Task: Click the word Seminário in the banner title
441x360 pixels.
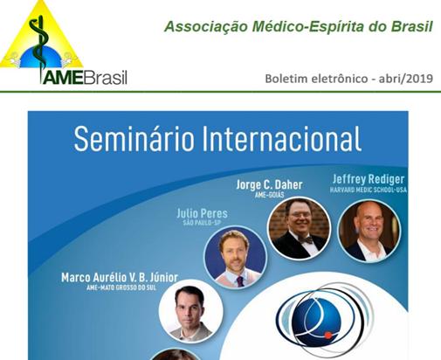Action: (x=134, y=139)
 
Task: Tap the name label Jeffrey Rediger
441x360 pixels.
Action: (x=369, y=179)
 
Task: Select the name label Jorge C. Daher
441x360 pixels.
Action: (x=269, y=184)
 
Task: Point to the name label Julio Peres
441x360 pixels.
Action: (x=202, y=213)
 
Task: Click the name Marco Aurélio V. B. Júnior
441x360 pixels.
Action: (x=120, y=278)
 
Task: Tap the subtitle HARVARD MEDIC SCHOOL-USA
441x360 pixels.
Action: (x=369, y=190)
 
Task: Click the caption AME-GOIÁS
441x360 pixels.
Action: (x=269, y=195)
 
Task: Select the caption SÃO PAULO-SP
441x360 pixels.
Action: (x=202, y=224)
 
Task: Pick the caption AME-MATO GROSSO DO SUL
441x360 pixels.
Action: (x=121, y=287)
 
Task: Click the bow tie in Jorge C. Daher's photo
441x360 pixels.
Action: (x=306, y=240)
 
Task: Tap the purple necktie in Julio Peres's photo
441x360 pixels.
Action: (x=239, y=281)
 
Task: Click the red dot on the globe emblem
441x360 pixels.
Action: (x=328, y=336)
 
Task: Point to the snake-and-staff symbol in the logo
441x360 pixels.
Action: (x=40, y=44)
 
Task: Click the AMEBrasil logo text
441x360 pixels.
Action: (x=85, y=78)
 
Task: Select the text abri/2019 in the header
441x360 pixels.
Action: (x=405, y=79)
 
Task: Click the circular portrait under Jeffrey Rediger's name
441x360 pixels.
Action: (x=369, y=231)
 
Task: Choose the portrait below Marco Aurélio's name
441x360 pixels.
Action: (x=191, y=311)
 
